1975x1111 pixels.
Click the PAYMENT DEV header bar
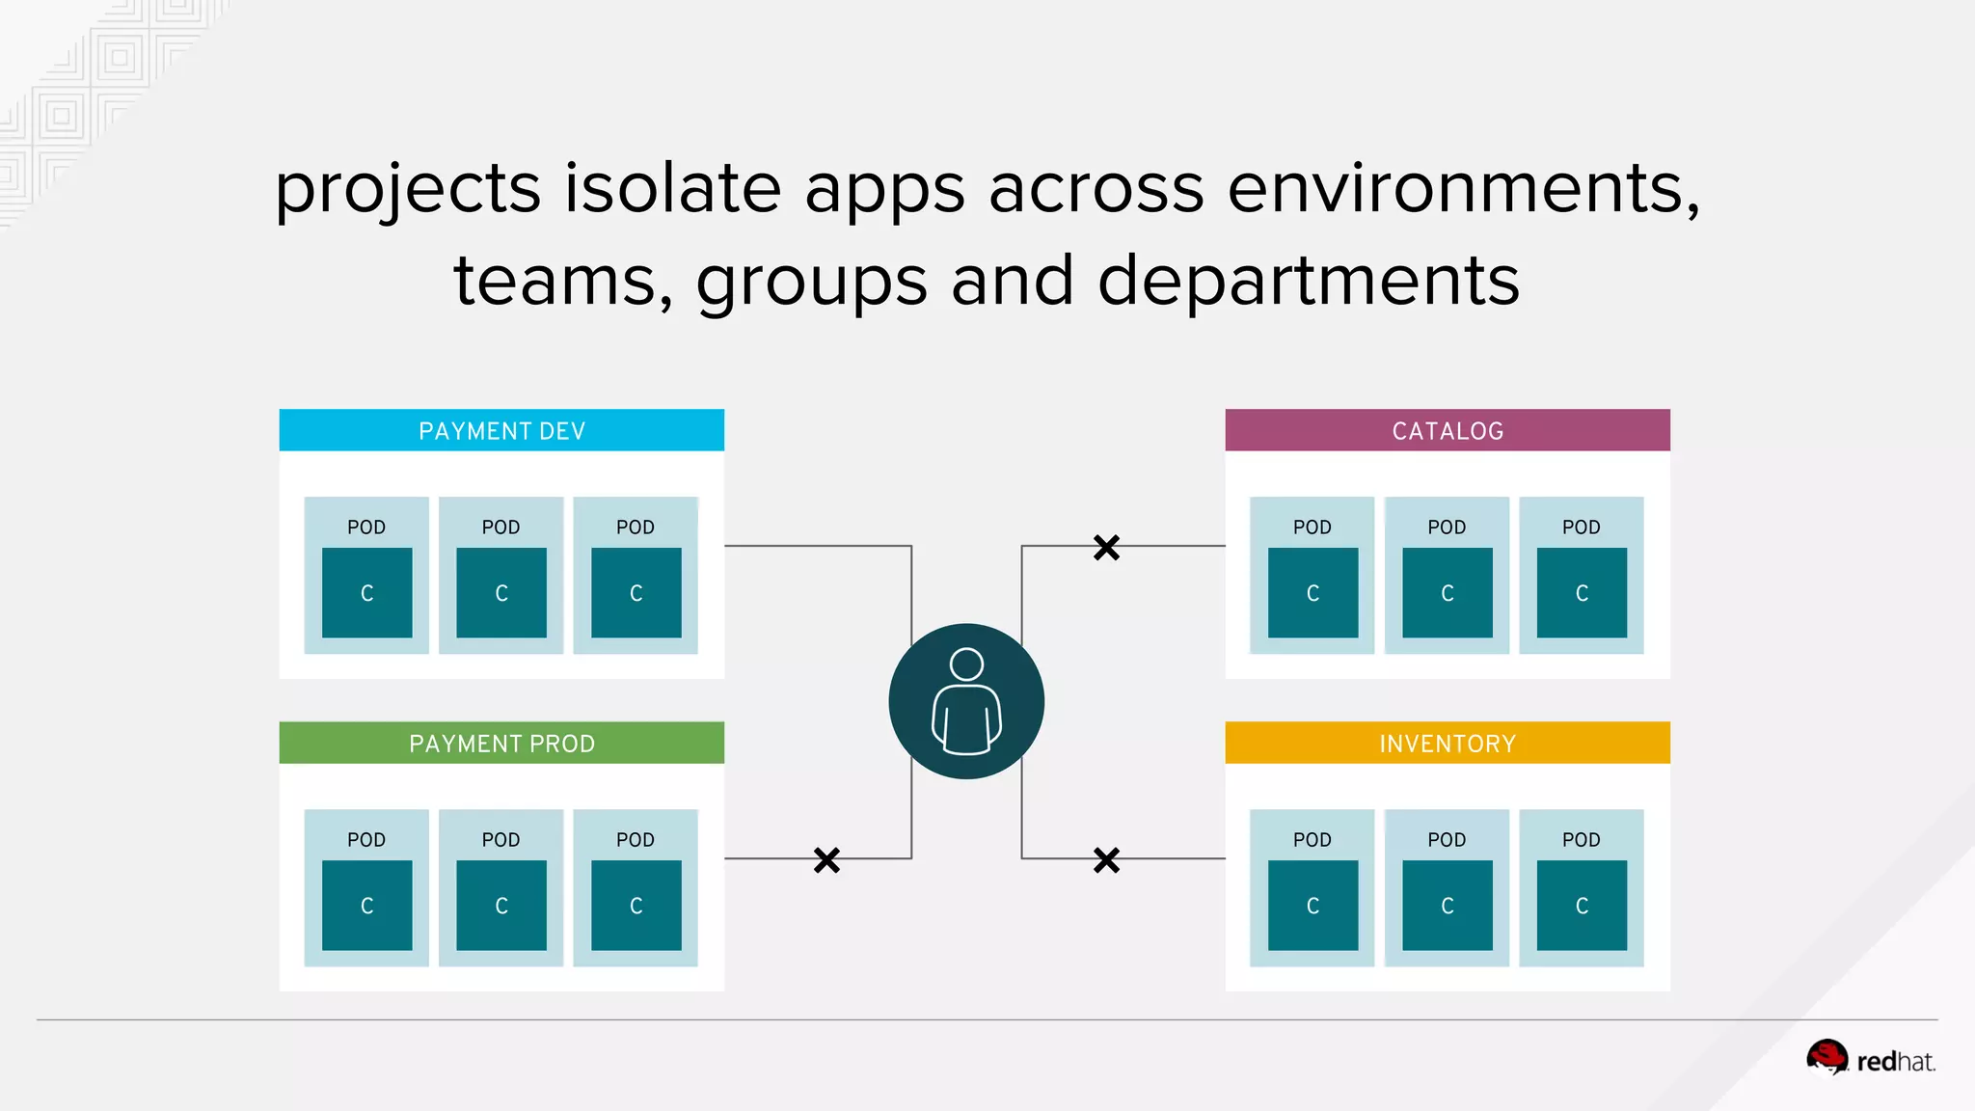(x=501, y=430)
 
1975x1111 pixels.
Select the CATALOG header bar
(x=1447, y=430)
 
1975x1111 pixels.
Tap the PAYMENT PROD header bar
(x=501, y=743)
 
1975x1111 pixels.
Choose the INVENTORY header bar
(x=1447, y=743)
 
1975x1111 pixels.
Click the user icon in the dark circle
(x=966, y=701)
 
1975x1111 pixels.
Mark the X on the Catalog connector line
(x=1106, y=548)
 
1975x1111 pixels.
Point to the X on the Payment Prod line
(x=826, y=859)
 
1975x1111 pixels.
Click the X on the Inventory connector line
(x=1106, y=859)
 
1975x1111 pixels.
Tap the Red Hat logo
(x=1871, y=1059)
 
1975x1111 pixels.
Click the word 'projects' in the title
(x=407, y=190)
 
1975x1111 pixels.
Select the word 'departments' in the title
(x=1308, y=281)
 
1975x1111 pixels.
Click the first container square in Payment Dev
(x=366, y=592)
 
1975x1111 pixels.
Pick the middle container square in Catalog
(x=1447, y=592)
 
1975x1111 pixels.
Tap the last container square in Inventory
(x=1582, y=905)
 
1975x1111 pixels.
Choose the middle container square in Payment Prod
(x=501, y=905)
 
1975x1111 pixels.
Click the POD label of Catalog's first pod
(x=1312, y=527)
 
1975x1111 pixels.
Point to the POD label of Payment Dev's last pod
(x=636, y=527)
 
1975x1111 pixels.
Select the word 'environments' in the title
(x=1462, y=188)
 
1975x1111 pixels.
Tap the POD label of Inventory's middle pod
(x=1447, y=839)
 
